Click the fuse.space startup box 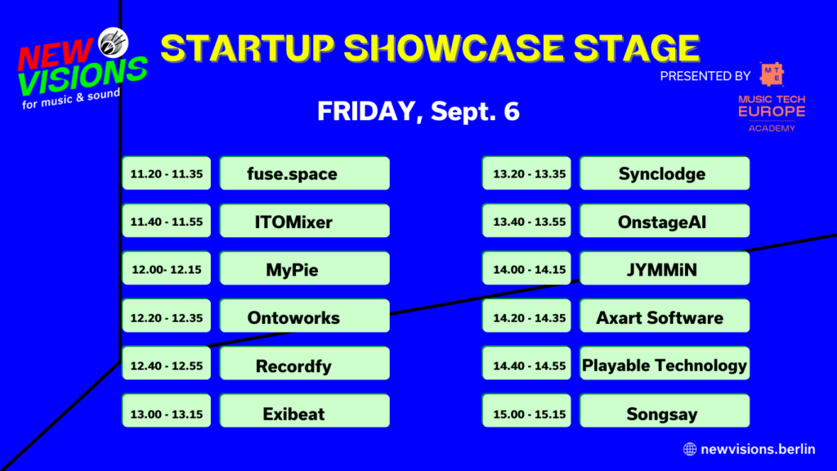304,173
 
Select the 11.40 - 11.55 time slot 167,221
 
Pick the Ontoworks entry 304,316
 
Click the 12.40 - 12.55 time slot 167,365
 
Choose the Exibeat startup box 304,412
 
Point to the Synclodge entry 664,173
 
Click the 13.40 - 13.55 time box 527,221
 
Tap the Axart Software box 664,316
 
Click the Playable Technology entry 664,365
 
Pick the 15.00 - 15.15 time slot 527,412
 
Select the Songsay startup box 664,412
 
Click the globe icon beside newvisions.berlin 689,448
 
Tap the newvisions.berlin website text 757,448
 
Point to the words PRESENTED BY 705,76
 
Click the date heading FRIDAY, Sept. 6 418,112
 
